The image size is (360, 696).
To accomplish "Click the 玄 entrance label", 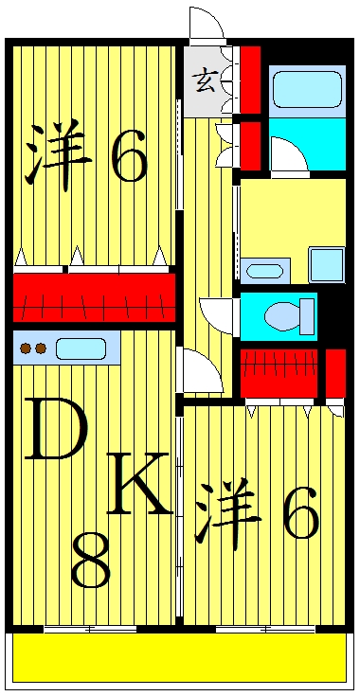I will coord(205,81).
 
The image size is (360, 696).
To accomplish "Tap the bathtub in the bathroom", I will coord(306,91).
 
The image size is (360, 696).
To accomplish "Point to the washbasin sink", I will coord(263,271).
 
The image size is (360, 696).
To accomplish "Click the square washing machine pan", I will coord(327,264).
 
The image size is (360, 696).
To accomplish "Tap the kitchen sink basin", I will coord(81,348).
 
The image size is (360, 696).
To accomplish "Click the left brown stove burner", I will coord(26,348).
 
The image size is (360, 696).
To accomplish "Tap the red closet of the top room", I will coord(94,296).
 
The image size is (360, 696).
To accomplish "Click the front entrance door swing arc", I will coord(206,24).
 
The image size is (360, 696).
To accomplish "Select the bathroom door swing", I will coord(288,155).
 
